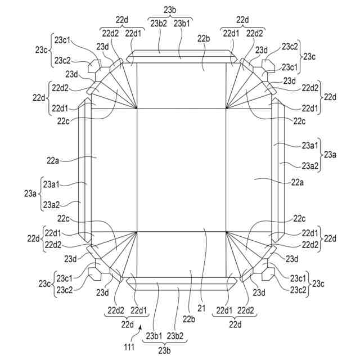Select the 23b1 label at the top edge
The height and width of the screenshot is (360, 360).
coord(181,24)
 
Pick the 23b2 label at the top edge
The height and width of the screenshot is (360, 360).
coord(158,24)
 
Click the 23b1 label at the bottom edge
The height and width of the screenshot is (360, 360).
coord(154,336)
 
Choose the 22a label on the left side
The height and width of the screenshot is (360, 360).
coord(53,160)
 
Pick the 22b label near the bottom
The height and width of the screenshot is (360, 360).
coord(188,319)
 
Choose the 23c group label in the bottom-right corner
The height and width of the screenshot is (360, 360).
coord(318,284)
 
